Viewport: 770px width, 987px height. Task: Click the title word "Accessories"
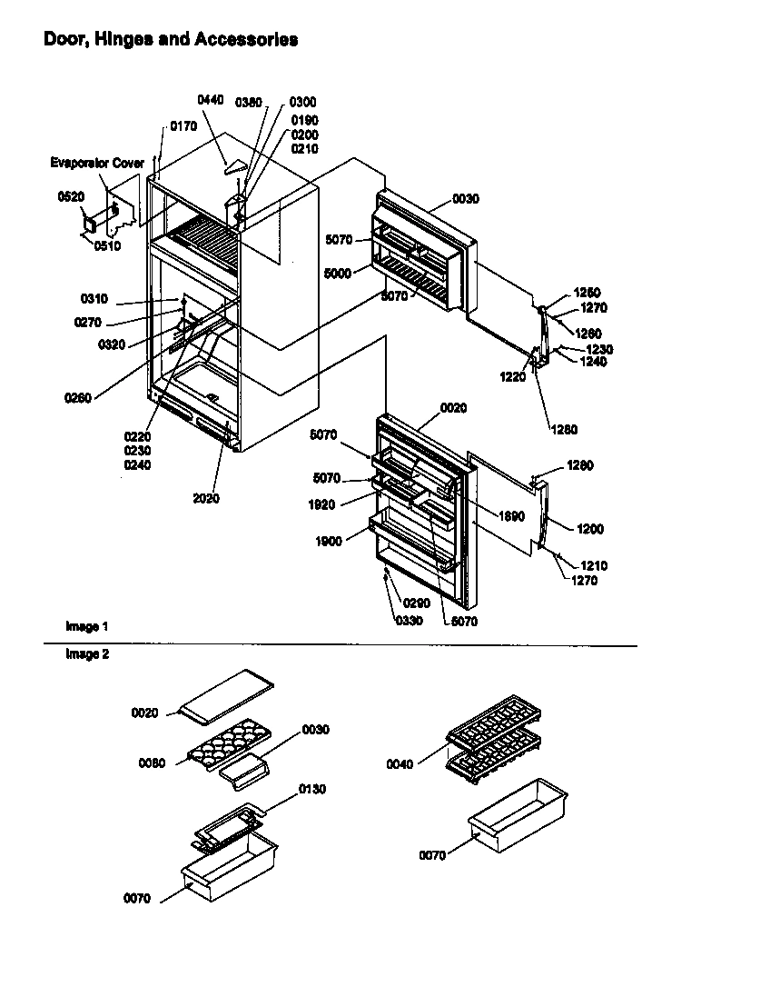pos(246,40)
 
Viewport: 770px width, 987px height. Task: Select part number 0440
pos(210,100)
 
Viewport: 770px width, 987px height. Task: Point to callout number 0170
pos(183,127)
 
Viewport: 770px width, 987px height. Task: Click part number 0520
pos(70,196)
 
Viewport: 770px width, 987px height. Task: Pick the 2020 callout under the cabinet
pos(207,498)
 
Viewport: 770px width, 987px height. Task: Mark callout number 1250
pos(587,293)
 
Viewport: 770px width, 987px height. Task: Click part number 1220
pos(513,377)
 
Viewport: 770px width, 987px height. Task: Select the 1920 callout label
pos(321,505)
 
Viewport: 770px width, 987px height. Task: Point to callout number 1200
pos(589,529)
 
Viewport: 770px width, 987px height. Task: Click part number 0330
pos(409,621)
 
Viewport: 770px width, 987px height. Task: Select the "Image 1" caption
pos(87,627)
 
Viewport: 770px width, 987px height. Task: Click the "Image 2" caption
pos(87,653)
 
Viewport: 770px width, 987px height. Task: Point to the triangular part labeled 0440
pos(235,166)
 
